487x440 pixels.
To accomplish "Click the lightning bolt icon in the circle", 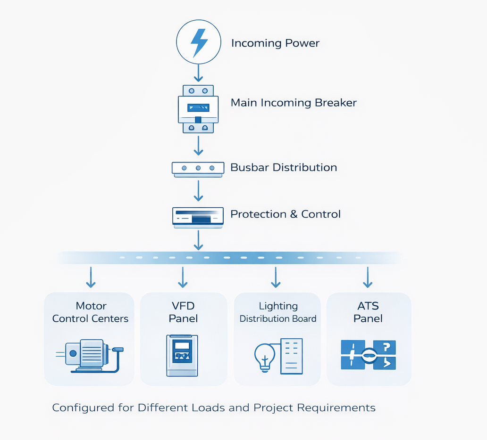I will [x=199, y=42].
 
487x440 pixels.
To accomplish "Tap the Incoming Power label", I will [x=275, y=43].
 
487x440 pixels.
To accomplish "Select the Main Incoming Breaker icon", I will [x=198, y=109].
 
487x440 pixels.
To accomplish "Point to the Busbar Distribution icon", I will [x=198, y=169].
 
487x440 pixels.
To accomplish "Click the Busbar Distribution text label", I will [x=283, y=167].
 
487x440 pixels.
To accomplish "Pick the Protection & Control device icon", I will [x=198, y=217].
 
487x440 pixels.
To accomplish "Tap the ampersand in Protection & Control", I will [x=294, y=214].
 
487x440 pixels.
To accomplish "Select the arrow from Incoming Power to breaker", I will [x=199, y=73].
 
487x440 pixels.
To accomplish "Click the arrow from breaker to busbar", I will [x=199, y=146].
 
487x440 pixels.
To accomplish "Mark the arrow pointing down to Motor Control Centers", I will [x=91, y=277].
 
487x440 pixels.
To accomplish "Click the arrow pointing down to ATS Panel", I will [x=368, y=277].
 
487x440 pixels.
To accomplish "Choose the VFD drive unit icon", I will [x=182, y=355].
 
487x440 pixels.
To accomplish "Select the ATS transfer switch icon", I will [x=368, y=355].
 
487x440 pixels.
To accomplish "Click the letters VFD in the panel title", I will [x=183, y=306].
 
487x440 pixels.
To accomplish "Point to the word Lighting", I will [x=278, y=306].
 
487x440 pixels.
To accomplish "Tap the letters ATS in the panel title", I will [x=368, y=306].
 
